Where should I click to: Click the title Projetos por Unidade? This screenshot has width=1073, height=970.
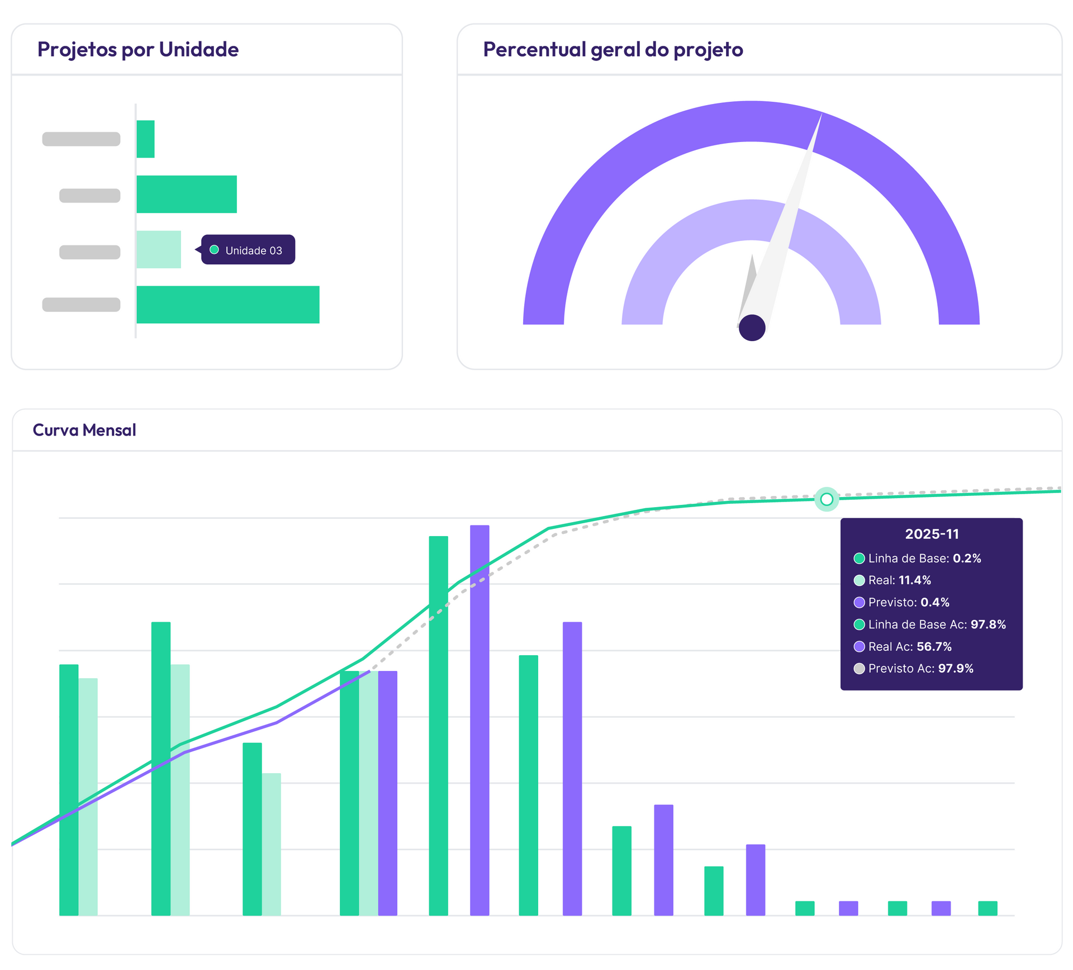click(x=137, y=50)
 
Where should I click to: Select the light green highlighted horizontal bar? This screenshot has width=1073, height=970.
click(x=159, y=249)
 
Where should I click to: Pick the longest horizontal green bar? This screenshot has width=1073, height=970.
click(x=228, y=305)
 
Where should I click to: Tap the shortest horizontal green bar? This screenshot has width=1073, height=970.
click(x=145, y=139)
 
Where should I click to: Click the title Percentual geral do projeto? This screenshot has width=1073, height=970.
click(x=613, y=50)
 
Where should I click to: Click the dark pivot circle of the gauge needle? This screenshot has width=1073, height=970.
click(x=752, y=328)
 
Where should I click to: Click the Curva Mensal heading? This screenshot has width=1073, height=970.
click(x=84, y=430)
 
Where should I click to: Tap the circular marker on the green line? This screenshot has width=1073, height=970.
click(x=827, y=499)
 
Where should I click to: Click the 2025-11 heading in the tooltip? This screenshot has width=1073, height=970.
click(x=932, y=534)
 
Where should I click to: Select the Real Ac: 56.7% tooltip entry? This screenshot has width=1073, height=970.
click(x=909, y=646)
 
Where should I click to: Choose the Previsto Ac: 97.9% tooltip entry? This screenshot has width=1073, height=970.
click(x=920, y=668)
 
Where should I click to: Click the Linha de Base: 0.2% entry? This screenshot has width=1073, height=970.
click(x=924, y=558)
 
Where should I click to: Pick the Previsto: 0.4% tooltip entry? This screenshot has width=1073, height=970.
click(x=908, y=602)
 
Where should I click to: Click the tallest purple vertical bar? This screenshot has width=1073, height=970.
click(x=479, y=721)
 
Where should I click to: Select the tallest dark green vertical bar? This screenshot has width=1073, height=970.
click(x=439, y=727)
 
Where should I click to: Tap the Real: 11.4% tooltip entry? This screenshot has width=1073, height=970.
click(x=899, y=580)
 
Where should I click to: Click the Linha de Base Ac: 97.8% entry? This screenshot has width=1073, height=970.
click(x=936, y=624)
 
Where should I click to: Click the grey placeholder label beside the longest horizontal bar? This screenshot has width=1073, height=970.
click(x=82, y=305)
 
